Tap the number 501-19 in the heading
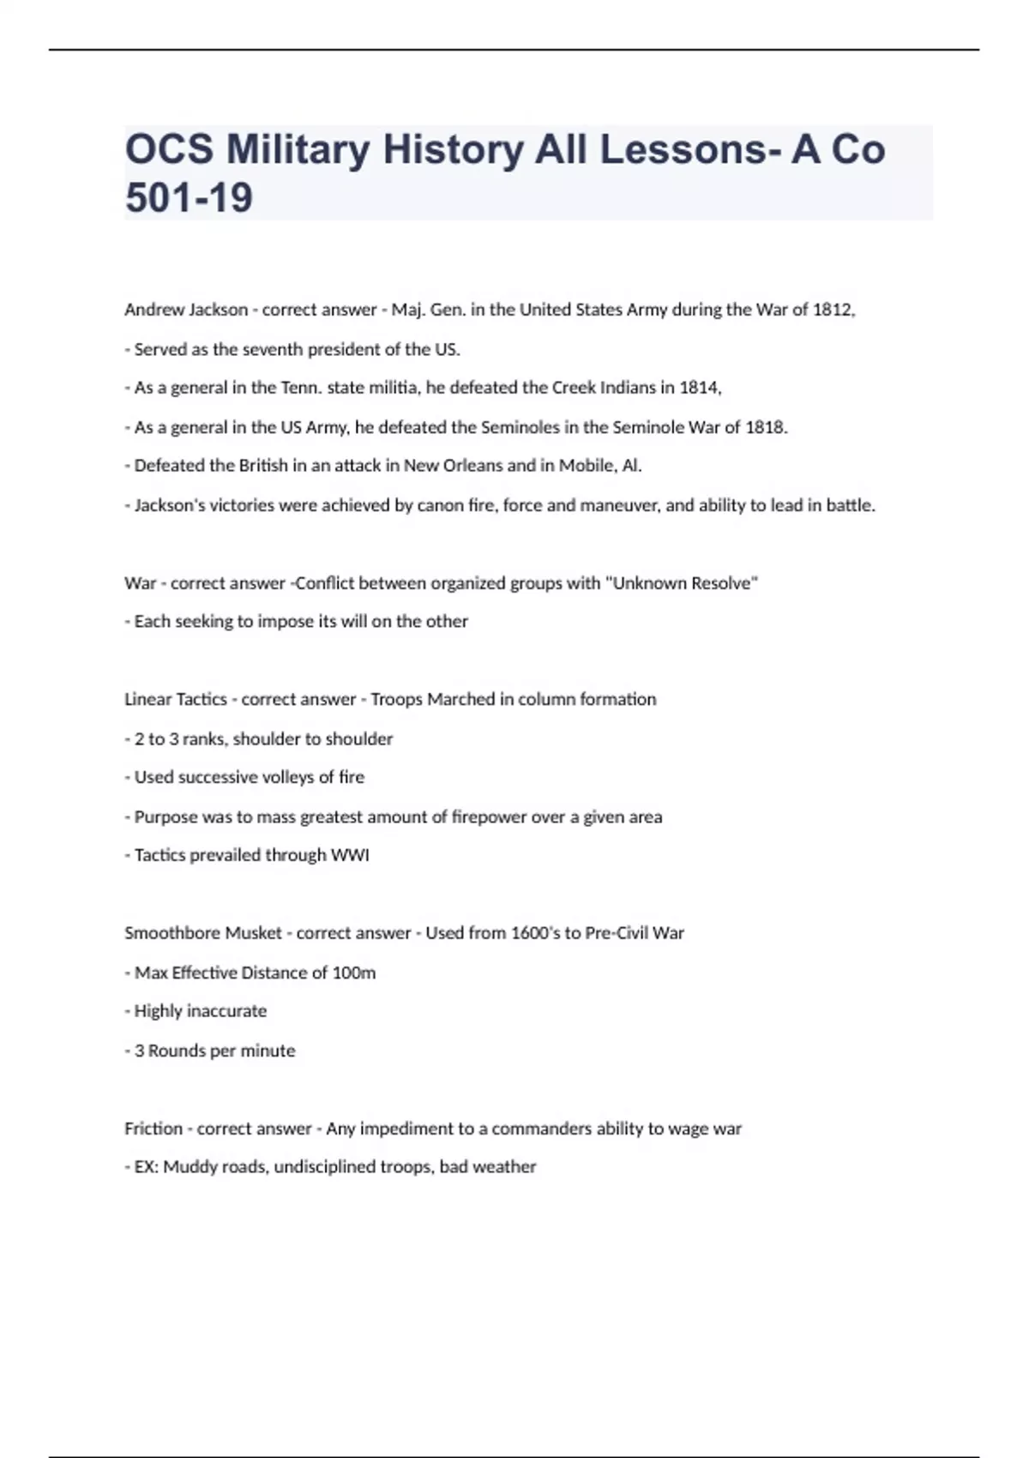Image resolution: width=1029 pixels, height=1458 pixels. [x=189, y=198]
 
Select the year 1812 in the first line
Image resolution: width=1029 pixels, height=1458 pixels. [x=832, y=310]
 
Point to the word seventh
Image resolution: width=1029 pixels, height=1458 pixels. [x=269, y=349]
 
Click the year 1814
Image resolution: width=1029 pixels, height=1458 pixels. [x=700, y=388]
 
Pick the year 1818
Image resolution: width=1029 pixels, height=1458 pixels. [x=765, y=427]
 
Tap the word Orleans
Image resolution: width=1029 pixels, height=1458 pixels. [x=472, y=466]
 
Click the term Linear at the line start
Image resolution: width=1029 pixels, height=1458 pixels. [x=147, y=699]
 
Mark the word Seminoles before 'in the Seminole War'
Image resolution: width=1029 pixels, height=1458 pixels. [x=521, y=427]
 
